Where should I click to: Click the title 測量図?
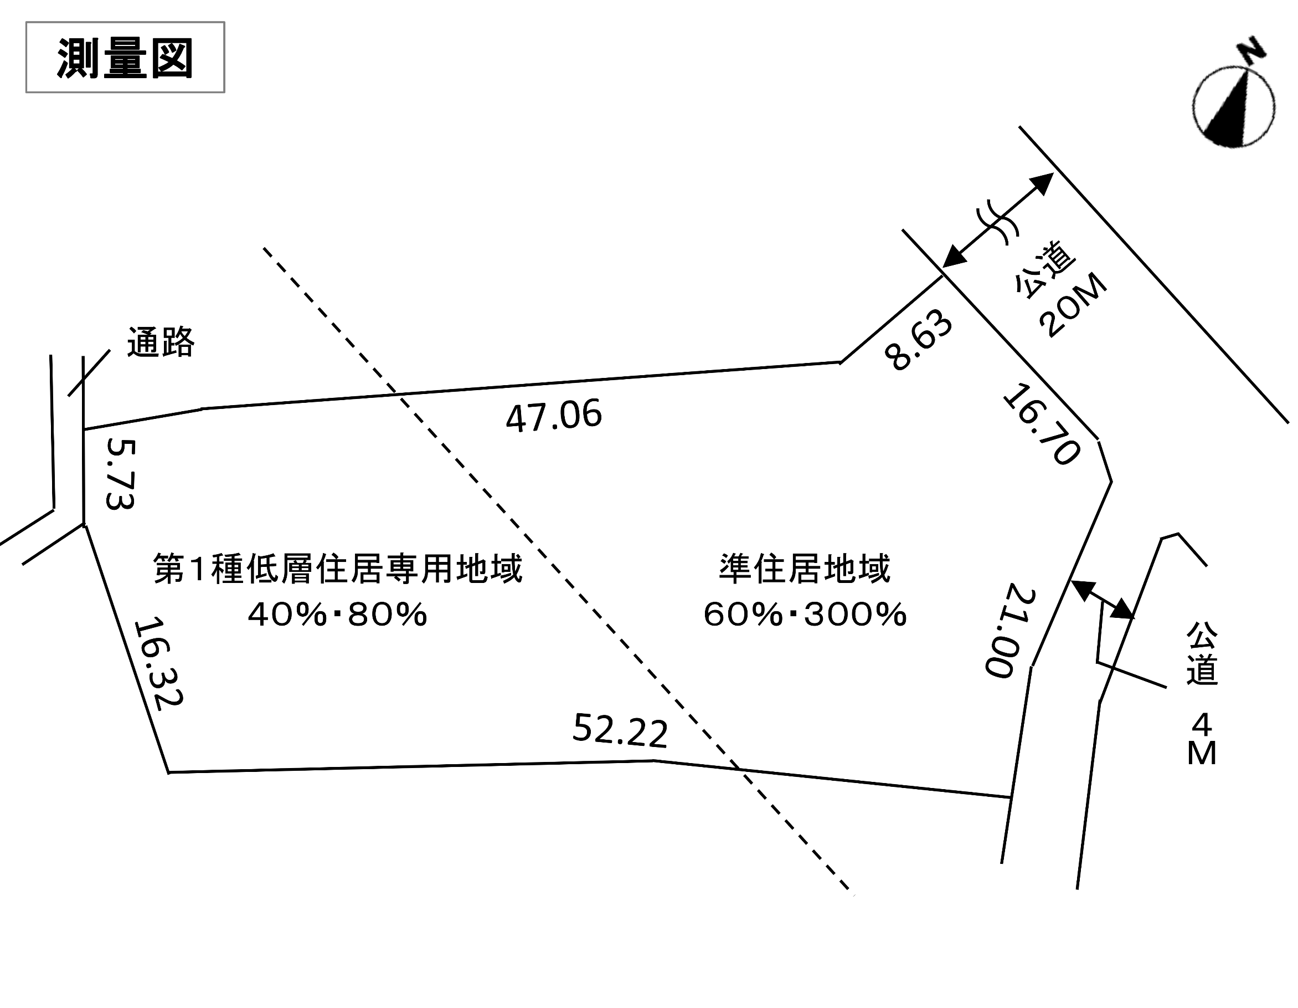pos(125,58)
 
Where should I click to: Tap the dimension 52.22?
pos(620,730)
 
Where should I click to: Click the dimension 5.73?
pos(121,474)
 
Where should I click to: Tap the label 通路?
pos(161,342)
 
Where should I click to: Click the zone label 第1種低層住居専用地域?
pos(338,569)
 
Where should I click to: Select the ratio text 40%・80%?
pos(338,615)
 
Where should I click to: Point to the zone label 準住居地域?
pos(805,569)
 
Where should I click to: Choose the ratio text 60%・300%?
pos(805,615)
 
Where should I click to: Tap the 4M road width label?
pos(1201,740)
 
